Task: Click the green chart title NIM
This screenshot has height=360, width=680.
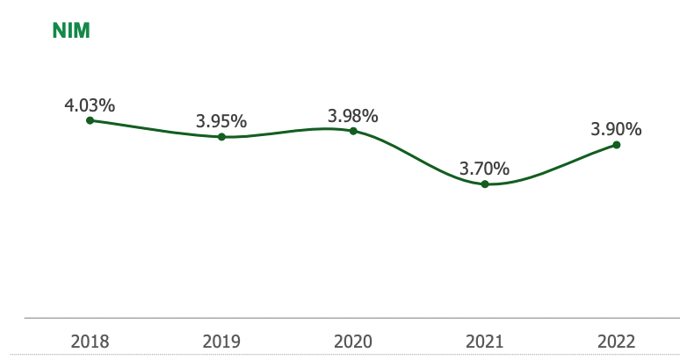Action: point(72,31)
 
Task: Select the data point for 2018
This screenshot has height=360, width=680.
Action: point(90,120)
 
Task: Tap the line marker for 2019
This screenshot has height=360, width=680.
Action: point(221,137)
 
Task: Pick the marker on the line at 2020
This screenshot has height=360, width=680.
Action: point(353,131)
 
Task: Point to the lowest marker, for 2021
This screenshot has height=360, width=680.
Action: point(485,184)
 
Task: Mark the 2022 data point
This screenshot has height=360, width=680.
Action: point(617,145)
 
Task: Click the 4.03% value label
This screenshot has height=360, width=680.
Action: point(90,105)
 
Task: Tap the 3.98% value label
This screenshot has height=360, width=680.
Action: point(353,116)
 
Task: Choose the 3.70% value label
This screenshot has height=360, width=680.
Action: point(485,167)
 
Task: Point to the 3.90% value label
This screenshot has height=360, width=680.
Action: point(616,129)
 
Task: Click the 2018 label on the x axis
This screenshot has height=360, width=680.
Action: point(90,341)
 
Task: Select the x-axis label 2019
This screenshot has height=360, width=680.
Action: point(221,341)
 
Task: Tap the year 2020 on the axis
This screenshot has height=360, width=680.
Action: point(353,341)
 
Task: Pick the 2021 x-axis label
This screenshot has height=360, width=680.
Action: point(485,341)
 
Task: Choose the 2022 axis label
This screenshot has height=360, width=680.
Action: point(616,341)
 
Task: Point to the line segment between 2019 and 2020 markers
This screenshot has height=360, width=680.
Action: point(287,131)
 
